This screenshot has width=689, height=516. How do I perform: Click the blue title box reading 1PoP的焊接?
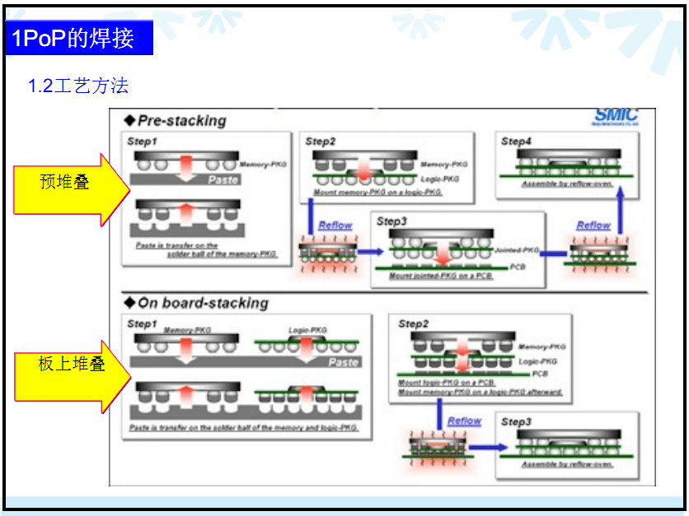tap(79, 39)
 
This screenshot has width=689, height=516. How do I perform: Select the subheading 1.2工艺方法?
tap(78, 86)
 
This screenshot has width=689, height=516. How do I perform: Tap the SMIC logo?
tap(616, 116)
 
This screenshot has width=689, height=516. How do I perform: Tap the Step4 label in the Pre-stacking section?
tap(517, 142)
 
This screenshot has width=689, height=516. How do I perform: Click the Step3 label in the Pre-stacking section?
tap(391, 221)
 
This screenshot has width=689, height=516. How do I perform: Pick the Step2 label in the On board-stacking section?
tap(414, 323)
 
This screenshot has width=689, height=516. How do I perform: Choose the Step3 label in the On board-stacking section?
tap(517, 422)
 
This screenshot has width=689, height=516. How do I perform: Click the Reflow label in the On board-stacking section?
tap(464, 421)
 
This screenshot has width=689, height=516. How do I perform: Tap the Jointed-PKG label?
tap(516, 249)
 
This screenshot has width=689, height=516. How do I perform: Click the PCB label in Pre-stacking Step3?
tap(518, 267)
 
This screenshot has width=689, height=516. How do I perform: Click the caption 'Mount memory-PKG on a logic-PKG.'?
tap(377, 192)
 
